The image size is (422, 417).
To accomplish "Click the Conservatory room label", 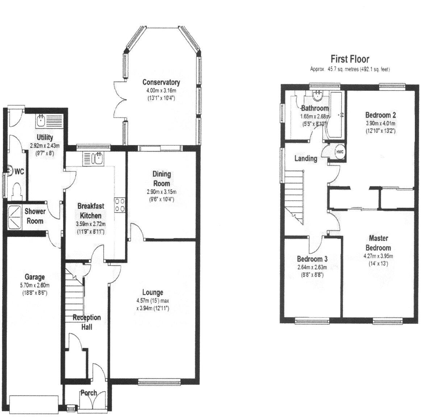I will pos(161,82).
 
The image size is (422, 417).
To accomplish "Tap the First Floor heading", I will pos(350,59).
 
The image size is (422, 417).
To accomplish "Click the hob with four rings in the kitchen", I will pos(120,205).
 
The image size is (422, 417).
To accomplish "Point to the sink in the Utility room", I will pos(41,120).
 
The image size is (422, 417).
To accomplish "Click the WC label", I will pos(19,172).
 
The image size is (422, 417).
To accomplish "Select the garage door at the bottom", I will pos(34,405).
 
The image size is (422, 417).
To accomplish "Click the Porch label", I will pos(89,393).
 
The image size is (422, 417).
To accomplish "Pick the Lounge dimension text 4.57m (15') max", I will pos(153,301).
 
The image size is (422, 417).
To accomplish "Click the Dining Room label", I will pos(162,178).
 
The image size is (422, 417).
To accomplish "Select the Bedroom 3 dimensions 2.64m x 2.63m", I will pos(312,268).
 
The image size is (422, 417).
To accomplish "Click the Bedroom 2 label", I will pos(380,115).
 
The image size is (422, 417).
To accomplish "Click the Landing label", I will pos(306,158).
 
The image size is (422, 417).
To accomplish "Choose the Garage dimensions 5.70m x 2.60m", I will pos(34,285).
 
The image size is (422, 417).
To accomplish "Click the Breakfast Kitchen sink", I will pos(98,158).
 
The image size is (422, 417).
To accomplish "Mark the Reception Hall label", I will pos(87,322).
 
